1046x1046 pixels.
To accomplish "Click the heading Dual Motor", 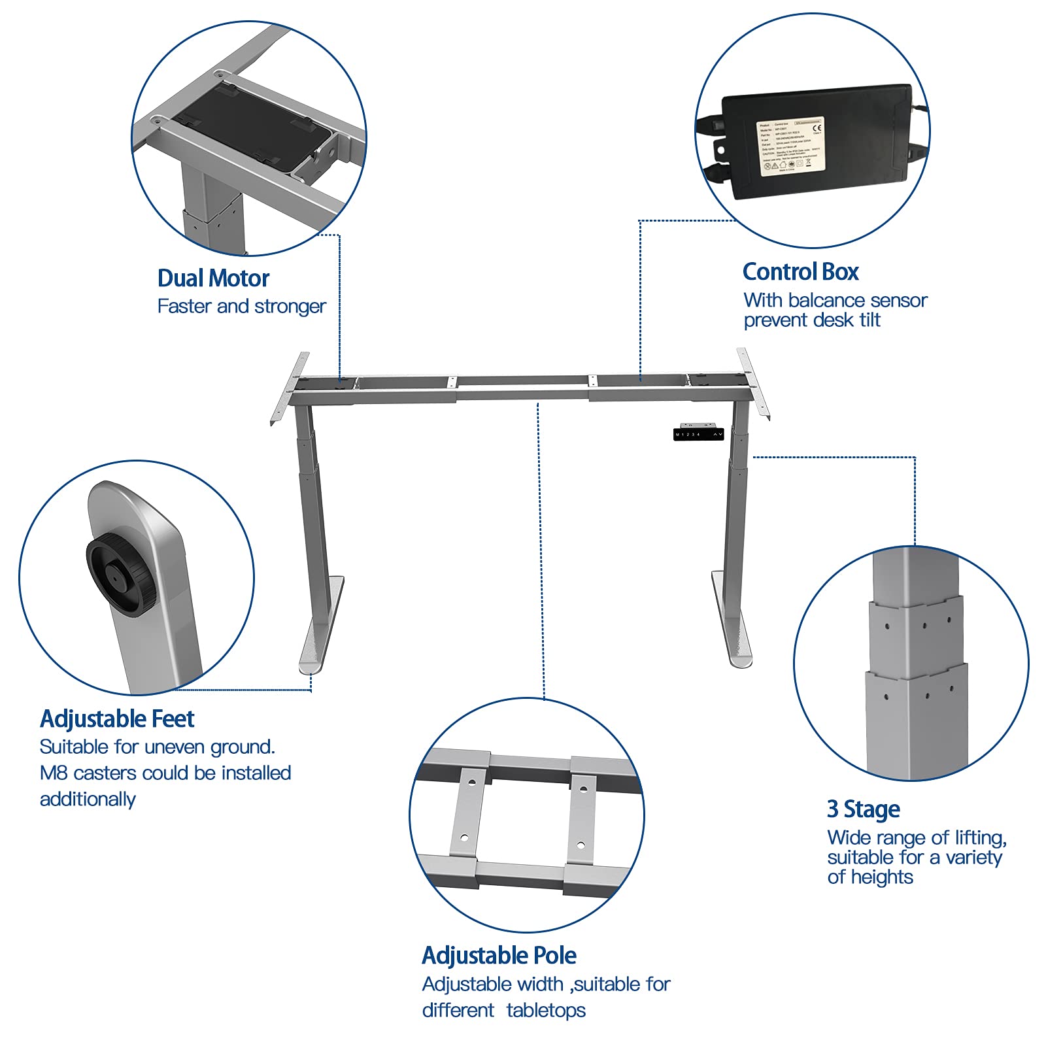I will point(213,278).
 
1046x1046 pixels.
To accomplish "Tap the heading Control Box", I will point(800,272).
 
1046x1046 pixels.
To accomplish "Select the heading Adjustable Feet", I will point(117,719).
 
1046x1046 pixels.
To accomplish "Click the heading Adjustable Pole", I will point(499,956).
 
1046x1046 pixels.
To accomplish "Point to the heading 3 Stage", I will point(863,809).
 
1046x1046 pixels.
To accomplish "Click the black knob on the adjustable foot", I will point(121,575).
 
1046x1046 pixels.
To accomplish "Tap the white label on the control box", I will point(790,146).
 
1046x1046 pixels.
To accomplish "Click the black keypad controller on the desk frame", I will point(698,434).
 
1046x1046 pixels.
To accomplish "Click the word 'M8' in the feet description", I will point(54,773).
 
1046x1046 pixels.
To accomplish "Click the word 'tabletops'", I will point(546,1011).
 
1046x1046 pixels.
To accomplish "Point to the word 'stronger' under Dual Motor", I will point(290,307).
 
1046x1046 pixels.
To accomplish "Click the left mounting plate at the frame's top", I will point(290,388).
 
